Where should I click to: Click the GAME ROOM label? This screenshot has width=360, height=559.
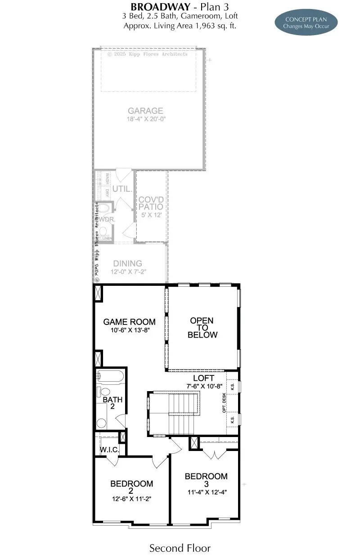(129, 322)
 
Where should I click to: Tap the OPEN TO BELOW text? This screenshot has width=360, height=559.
(202, 328)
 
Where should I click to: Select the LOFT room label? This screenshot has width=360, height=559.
(203, 378)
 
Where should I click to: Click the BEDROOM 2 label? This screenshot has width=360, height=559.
(131, 487)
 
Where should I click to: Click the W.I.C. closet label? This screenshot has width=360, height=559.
(109, 450)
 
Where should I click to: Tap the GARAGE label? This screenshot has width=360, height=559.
(145, 111)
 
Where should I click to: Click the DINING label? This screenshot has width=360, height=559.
(127, 264)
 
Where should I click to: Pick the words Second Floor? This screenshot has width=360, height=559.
(180, 548)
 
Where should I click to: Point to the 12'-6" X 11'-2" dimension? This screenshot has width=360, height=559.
(131, 499)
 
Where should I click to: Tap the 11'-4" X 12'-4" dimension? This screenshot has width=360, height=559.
(206, 492)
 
